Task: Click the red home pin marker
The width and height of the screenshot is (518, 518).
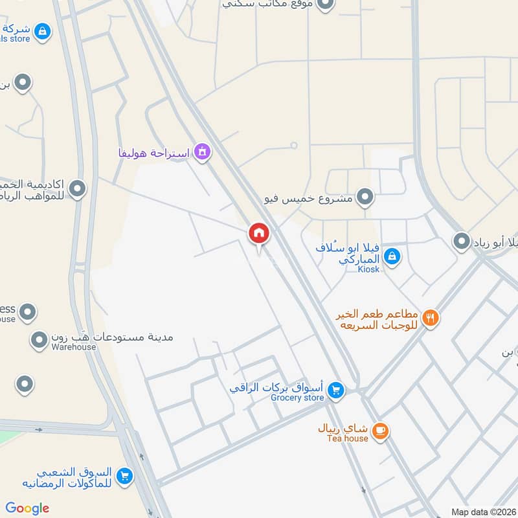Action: click(259, 233)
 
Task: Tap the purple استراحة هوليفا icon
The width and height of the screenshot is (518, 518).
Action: click(202, 152)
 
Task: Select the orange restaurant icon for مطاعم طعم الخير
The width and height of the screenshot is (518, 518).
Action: click(431, 317)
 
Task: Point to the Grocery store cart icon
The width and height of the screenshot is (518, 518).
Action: click(335, 390)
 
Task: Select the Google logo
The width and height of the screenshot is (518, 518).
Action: click(27, 508)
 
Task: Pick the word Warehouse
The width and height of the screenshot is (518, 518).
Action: click(74, 347)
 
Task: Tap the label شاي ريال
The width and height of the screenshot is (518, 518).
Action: click(343, 429)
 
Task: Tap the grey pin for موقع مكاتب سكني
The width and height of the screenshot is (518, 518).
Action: click(326, 4)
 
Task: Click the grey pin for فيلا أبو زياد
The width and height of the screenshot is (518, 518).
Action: click(462, 242)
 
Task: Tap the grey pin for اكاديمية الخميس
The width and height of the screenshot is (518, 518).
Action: click(78, 189)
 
